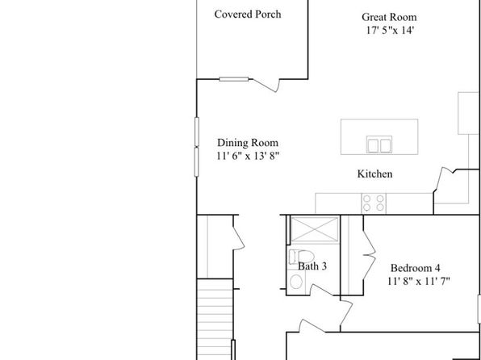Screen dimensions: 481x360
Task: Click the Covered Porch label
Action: [x=248, y=14]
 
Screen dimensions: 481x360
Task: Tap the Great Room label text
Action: [x=389, y=17]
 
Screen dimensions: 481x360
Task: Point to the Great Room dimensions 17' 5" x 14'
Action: [x=390, y=30]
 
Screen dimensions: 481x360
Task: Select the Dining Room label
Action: [x=248, y=143]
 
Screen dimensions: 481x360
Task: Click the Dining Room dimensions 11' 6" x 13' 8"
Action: [x=248, y=156]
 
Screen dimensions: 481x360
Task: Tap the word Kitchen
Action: [x=374, y=174]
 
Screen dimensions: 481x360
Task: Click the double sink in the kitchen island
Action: [x=379, y=144]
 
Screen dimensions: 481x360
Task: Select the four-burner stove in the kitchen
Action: [x=374, y=203]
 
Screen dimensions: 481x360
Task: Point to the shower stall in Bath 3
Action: [x=314, y=229]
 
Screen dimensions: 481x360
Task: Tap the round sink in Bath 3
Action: [x=296, y=282]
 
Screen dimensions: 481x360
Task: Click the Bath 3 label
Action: [x=312, y=266]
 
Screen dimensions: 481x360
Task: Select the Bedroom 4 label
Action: [x=415, y=268]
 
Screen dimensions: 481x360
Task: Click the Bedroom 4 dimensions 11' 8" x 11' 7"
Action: [x=418, y=281]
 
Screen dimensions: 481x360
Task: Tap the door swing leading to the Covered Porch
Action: [x=266, y=85]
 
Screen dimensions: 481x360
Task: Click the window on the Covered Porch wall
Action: [x=234, y=79]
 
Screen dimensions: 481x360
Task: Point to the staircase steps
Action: [x=215, y=319]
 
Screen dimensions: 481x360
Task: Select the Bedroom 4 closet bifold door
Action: [x=370, y=255]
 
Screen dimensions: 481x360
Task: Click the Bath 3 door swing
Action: [x=321, y=290]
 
